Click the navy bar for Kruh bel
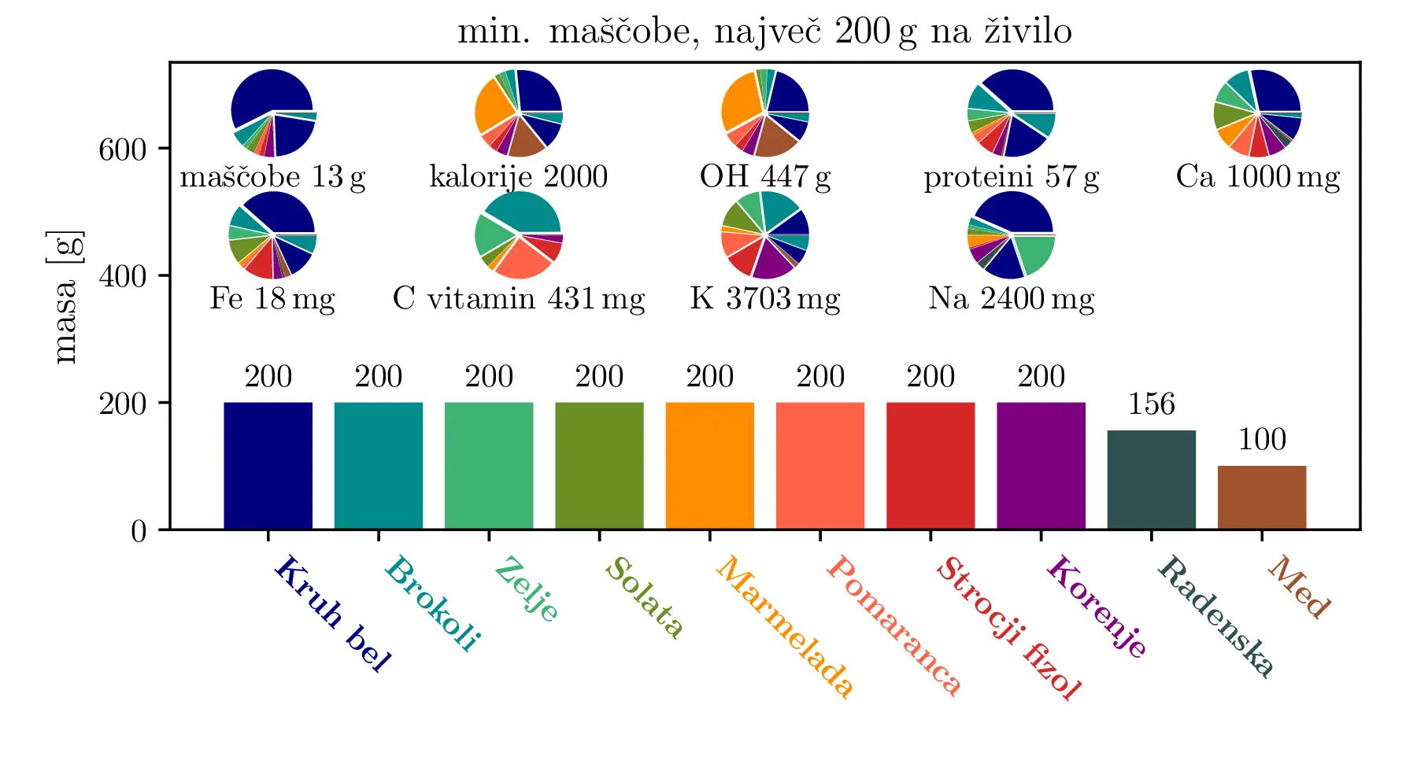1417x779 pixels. click(268, 465)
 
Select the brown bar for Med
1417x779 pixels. click(1261, 497)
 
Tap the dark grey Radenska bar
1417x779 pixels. click(1151, 479)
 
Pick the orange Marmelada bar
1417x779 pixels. click(709, 465)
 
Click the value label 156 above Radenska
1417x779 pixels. click(1151, 404)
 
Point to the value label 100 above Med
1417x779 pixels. click(1262, 440)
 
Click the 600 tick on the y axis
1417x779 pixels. click(122, 150)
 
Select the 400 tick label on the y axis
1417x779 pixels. click(122, 277)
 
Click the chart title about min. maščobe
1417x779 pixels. click(764, 32)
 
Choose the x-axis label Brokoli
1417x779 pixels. click(432, 604)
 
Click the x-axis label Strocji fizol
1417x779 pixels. click(1008, 628)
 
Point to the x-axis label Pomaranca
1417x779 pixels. click(893, 625)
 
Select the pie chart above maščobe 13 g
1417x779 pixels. click(273, 113)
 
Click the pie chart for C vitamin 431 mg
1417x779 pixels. click(519, 234)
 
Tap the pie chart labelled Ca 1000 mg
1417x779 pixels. click(1257, 113)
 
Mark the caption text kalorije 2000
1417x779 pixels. click(518, 177)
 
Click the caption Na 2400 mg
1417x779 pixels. click(1011, 299)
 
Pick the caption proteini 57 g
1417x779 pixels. click(1011, 178)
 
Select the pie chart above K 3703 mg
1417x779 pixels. click(764, 234)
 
